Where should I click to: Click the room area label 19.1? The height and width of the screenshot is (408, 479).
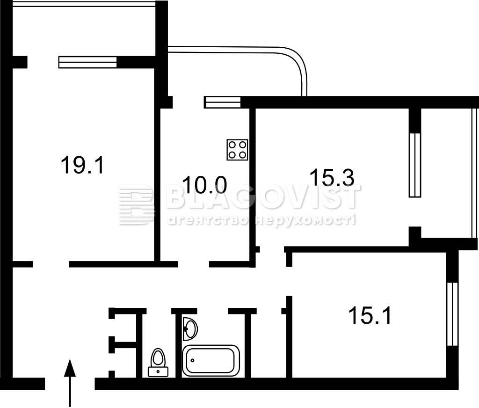[82, 165]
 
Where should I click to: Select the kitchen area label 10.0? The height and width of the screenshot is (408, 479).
[204, 185]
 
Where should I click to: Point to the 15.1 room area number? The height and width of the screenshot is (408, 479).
[370, 315]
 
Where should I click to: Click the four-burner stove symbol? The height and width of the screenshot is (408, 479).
[237, 150]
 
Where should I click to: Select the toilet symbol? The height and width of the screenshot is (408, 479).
[158, 363]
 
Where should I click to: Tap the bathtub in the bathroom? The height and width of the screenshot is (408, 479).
[211, 361]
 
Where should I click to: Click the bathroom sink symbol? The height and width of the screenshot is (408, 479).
[190, 329]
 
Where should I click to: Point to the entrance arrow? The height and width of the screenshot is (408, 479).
[70, 383]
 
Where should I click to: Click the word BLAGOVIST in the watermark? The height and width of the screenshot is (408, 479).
[263, 197]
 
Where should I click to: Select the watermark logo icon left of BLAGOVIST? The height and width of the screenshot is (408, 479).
[136, 204]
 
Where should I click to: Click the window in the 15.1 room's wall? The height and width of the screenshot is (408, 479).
[452, 314]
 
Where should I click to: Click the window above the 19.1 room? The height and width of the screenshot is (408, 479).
[87, 62]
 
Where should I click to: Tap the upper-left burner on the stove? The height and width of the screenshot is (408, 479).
[232, 145]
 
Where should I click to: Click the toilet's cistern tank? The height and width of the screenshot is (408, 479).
[158, 372]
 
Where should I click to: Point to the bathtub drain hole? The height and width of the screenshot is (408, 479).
[193, 360]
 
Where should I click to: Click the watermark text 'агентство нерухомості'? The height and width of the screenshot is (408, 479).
[261, 220]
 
